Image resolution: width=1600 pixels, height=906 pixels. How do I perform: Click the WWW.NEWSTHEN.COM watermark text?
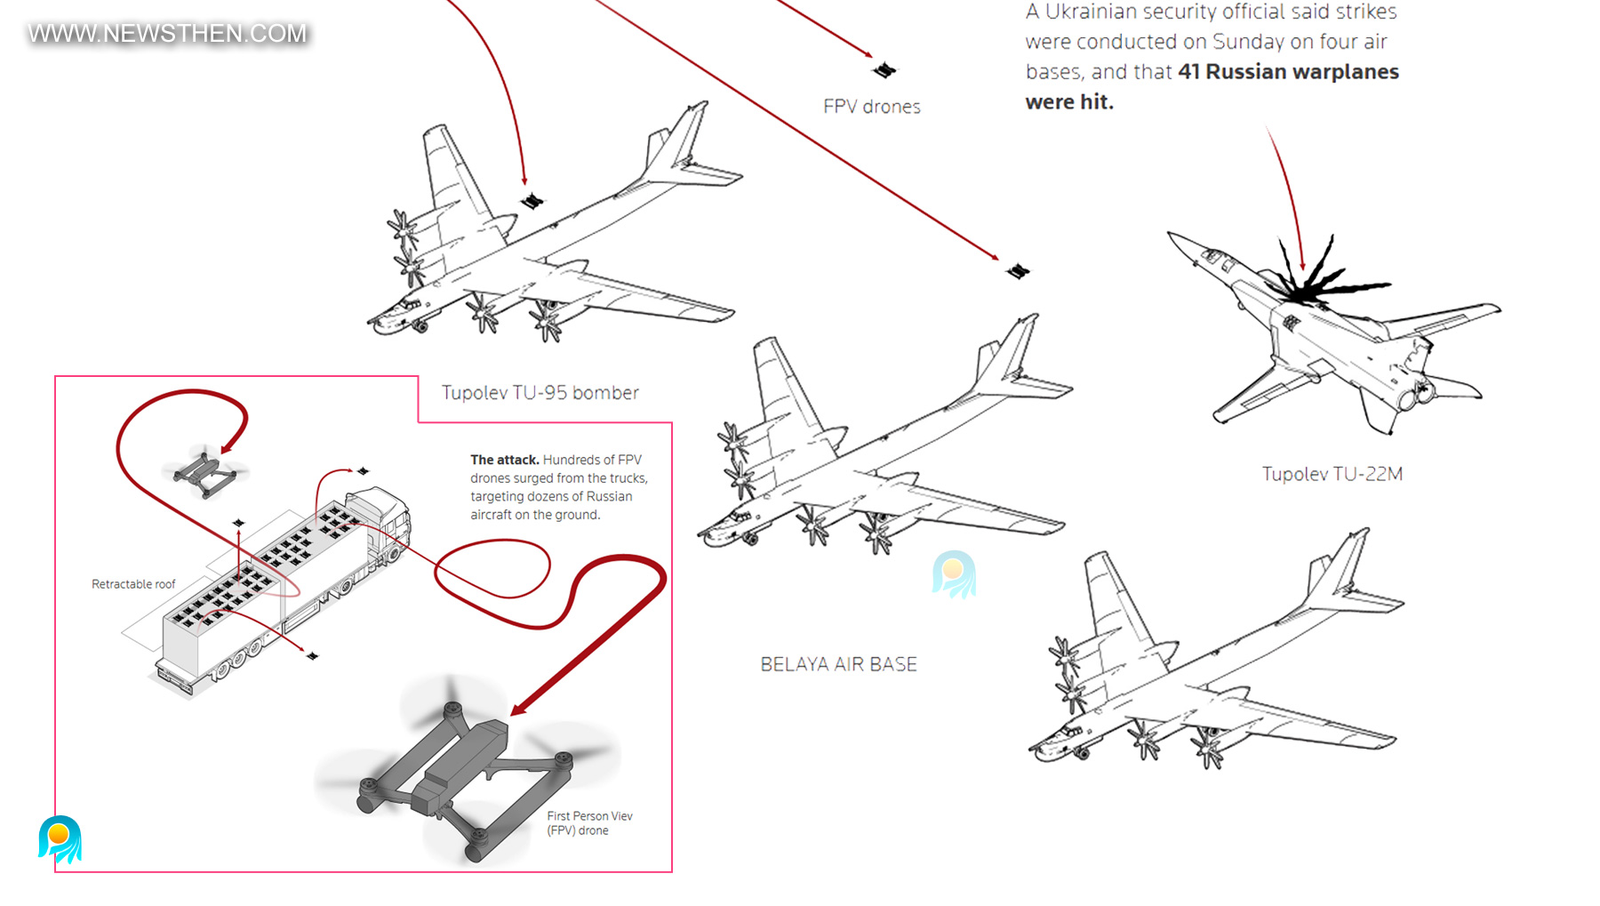coord(167,34)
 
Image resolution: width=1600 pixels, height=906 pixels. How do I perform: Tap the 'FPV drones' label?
coord(872,107)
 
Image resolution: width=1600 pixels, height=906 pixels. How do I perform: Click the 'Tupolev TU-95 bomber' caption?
coord(540,393)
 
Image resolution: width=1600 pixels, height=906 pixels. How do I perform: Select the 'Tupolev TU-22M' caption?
coord(1332,474)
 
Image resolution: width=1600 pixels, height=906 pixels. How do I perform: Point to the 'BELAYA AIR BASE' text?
coord(838,664)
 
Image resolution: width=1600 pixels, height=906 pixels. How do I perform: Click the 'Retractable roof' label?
coord(133,584)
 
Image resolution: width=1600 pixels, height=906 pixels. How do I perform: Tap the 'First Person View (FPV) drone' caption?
coord(589,823)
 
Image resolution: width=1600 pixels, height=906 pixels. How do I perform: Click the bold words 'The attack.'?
coord(505,460)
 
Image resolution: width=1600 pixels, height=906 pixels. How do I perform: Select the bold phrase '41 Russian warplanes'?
coord(1288,72)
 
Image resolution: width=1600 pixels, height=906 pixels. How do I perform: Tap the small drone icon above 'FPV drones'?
coord(884,69)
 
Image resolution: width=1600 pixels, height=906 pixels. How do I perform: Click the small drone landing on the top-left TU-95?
coord(532,201)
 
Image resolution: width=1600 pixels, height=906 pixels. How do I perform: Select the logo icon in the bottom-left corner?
coord(60,839)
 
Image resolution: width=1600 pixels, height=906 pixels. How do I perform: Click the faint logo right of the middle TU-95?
coord(954,574)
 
